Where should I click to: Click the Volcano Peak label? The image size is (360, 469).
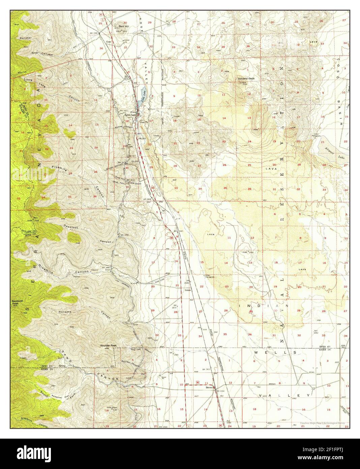[245, 78]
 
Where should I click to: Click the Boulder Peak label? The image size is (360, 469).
[108, 346]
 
